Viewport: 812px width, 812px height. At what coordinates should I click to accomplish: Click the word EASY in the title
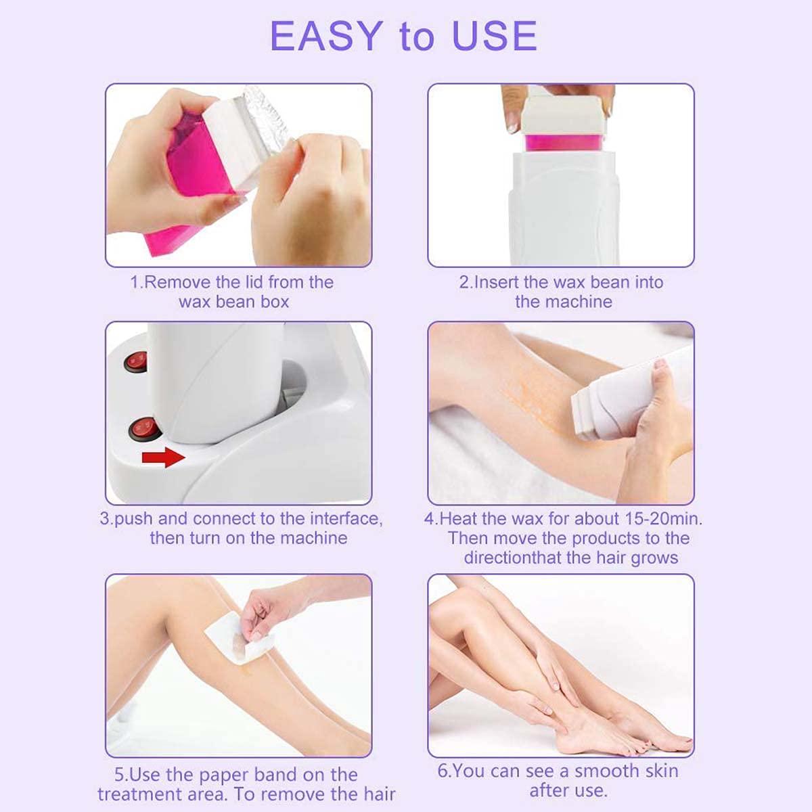(326, 37)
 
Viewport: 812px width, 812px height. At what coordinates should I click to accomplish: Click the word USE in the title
(495, 37)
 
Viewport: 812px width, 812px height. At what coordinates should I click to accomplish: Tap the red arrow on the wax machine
(163, 458)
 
